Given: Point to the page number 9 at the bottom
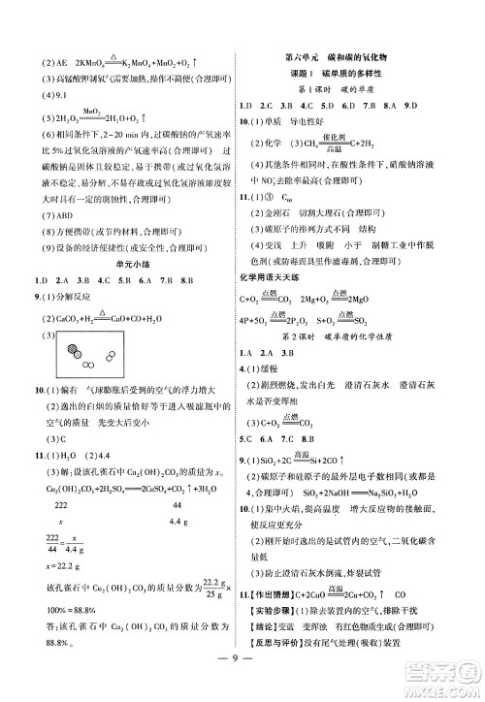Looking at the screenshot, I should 242,678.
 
